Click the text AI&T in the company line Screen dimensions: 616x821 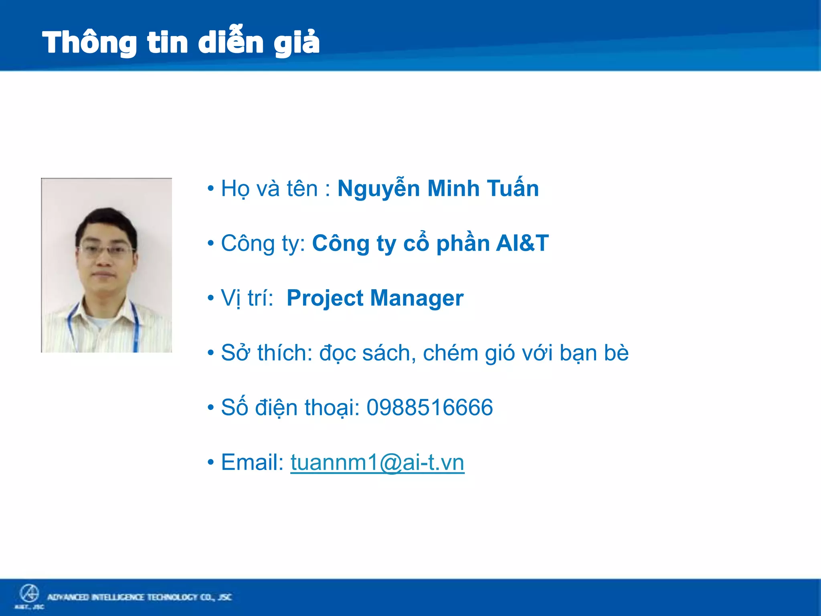pyautogui.click(x=522, y=243)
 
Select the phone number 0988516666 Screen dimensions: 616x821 pyautogui.click(x=429, y=408)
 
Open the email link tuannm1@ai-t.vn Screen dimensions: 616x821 pyautogui.click(x=377, y=462)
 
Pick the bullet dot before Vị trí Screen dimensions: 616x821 pyautogui.click(x=211, y=298)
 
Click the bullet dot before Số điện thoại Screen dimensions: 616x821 pyautogui.click(x=211, y=408)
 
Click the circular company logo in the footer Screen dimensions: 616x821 pyautogui.click(x=29, y=594)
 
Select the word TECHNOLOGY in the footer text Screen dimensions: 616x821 pyautogui.click(x=172, y=597)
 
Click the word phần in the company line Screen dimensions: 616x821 pyautogui.click(x=463, y=243)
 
